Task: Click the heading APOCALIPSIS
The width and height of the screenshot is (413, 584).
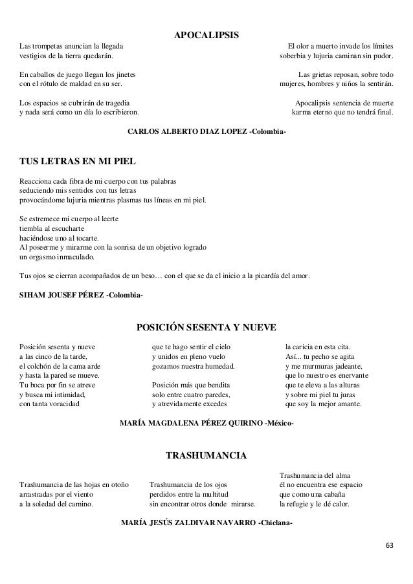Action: click(x=206, y=33)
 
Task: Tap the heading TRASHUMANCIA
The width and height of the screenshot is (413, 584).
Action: click(x=206, y=457)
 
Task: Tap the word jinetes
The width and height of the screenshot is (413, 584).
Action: click(x=130, y=74)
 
